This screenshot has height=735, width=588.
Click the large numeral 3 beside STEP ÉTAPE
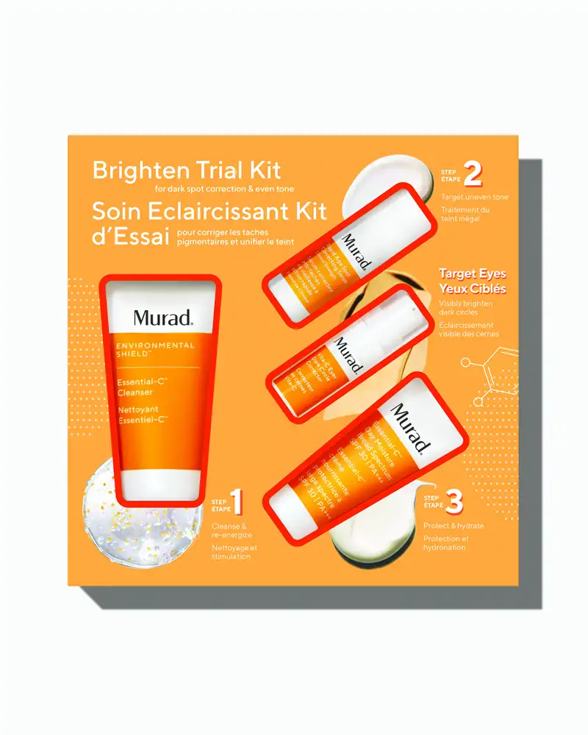click(x=454, y=503)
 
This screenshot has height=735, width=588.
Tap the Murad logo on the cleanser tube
click(x=162, y=318)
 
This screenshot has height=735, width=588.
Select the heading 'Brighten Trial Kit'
click(x=187, y=171)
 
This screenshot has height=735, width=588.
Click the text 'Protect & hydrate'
click(x=454, y=526)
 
